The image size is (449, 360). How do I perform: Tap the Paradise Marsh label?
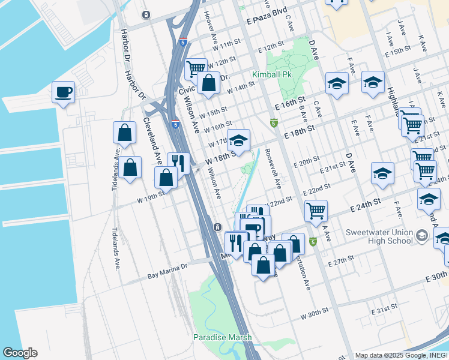coord(223,337)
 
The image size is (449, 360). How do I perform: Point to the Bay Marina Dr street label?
coord(167,275)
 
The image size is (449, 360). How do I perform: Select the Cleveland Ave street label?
coord(151,140)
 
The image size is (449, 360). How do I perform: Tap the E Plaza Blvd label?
coord(267,19)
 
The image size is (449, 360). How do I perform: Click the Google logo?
coord(20,353)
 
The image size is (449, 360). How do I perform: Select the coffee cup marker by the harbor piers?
coord(63,92)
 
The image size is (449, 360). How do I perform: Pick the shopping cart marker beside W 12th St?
coord(196,69)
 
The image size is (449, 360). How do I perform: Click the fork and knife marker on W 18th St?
coord(178,162)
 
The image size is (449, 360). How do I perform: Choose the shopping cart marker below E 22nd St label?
coord(316,211)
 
